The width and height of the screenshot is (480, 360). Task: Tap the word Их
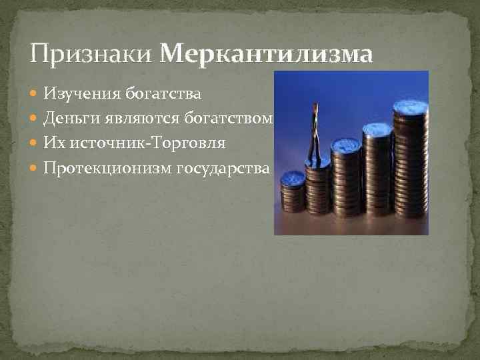pos(53,143)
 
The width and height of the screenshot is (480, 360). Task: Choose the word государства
pos(223,167)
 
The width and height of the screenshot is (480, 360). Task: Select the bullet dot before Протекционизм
pos(35,167)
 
